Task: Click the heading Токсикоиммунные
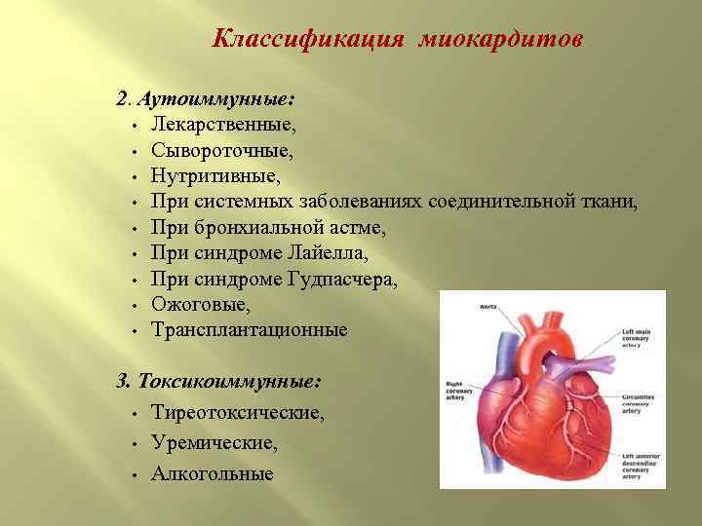click(231, 381)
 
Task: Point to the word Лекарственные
click(223, 125)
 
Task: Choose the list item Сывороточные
click(222, 150)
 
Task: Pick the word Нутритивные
click(214, 176)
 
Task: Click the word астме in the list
click(361, 228)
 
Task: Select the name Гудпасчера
click(342, 280)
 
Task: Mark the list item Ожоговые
click(201, 304)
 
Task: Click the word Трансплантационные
click(250, 330)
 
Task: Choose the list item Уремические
click(214, 442)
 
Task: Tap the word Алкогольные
click(213, 473)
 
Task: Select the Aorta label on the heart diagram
click(487, 307)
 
